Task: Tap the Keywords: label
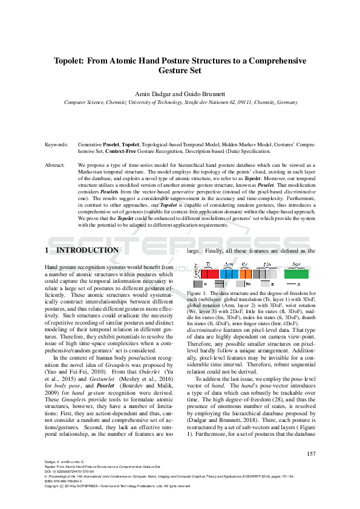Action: (57, 146)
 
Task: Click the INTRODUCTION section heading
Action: (87, 250)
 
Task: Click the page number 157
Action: (312, 471)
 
